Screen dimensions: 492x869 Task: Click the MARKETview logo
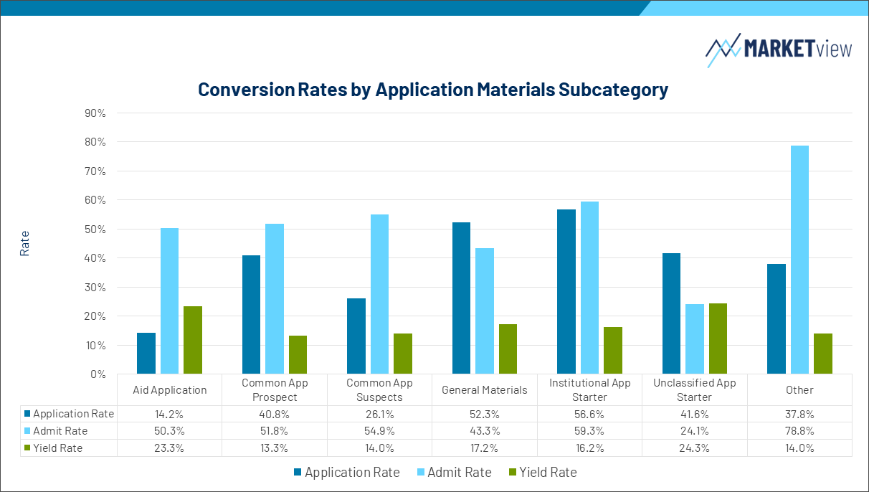click(x=779, y=49)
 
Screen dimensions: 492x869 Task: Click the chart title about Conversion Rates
click(x=433, y=90)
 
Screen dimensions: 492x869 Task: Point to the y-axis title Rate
click(x=25, y=243)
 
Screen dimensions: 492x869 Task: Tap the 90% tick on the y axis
click(x=95, y=113)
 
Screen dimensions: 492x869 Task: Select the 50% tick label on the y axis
click(x=95, y=230)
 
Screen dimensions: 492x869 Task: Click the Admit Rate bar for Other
click(x=799, y=260)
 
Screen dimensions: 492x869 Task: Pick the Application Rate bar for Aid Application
click(x=146, y=353)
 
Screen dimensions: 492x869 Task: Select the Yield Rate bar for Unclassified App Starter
click(x=718, y=339)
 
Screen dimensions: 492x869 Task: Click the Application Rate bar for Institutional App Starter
click(x=566, y=291)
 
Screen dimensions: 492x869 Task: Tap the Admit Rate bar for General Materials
click(x=485, y=311)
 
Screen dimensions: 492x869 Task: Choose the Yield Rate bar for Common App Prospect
click(x=298, y=354)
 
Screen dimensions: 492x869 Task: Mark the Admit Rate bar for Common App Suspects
click(x=379, y=294)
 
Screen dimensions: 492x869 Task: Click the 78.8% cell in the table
click(x=799, y=431)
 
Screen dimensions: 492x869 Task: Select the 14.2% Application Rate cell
click(x=170, y=414)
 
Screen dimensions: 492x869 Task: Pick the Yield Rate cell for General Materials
click(x=485, y=448)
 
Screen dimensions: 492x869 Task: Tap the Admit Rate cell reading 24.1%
click(x=694, y=431)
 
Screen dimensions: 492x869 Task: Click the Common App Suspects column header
click(x=379, y=390)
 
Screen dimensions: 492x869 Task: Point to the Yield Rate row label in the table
click(x=57, y=448)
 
